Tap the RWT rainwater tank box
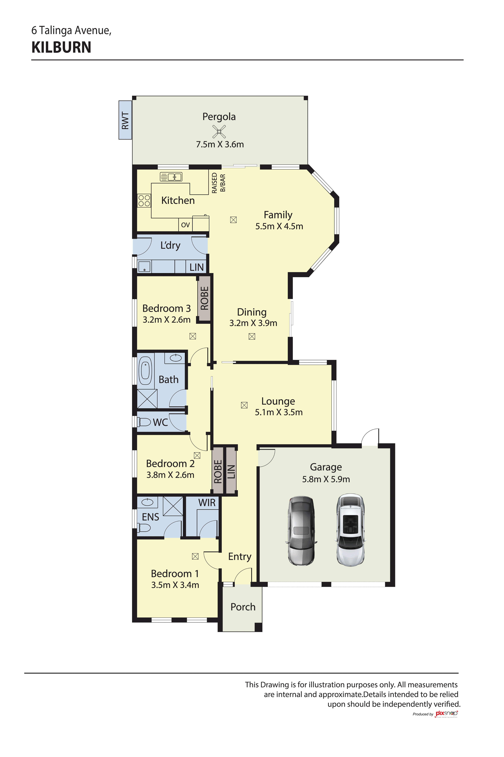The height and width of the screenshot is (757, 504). (x=125, y=120)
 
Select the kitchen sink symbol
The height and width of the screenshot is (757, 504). (x=171, y=177)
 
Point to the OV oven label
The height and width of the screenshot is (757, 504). (x=185, y=225)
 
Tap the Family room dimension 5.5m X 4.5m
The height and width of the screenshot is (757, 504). (x=279, y=226)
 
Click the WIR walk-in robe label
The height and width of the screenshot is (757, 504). (x=207, y=503)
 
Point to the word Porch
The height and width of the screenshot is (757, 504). (x=243, y=607)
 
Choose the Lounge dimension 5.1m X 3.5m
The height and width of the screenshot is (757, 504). (x=279, y=412)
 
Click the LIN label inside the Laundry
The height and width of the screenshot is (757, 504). (x=196, y=267)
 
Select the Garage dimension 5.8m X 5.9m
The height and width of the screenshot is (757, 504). (x=326, y=479)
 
